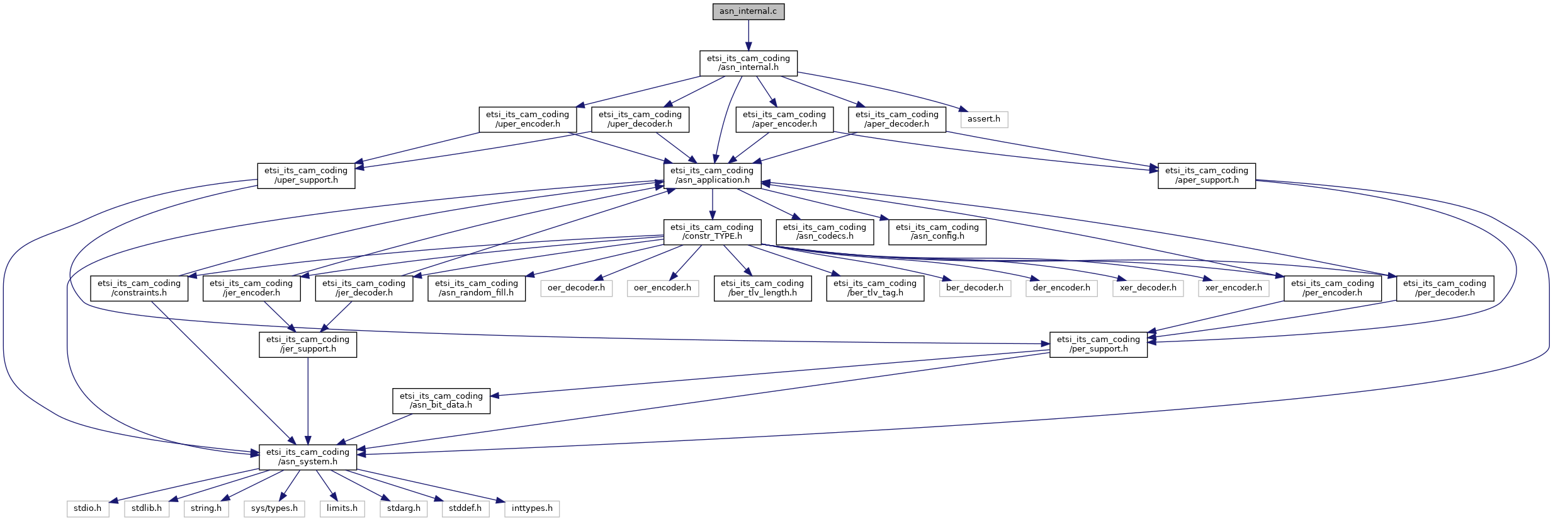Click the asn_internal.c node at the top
[748, 11]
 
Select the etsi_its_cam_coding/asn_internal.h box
[748, 63]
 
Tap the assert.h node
[983, 119]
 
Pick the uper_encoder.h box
[528, 119]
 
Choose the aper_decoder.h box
[897, 119]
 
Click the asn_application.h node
[712, 175]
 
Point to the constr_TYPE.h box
[712, 232]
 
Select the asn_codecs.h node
[825, 232]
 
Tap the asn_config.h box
[937, 232]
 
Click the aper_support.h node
[1207, 175]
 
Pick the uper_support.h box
[306, 175]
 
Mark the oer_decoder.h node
[576, 288]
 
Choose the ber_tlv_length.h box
[762, 288]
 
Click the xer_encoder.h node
[1234, 288]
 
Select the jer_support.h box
[308, 344]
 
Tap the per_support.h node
[1098, 344]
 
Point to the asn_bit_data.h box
[441, 401]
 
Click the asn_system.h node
[308, 457]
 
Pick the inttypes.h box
[532, 508]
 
